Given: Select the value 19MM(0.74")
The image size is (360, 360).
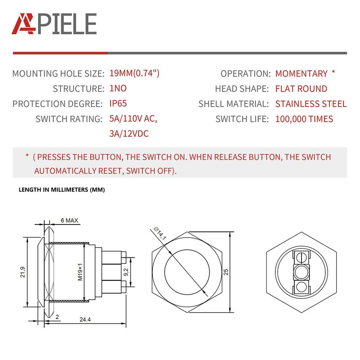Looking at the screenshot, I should (x=135, y=73).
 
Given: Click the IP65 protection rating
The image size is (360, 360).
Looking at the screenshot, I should (x=118, y=103).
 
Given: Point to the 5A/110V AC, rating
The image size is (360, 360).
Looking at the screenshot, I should (x=133, y=119).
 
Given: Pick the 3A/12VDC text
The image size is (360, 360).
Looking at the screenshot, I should (x=129, y=134).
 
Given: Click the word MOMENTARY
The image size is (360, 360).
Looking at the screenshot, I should (x=301, y=73).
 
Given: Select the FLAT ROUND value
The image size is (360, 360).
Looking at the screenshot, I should (x=301, y=89).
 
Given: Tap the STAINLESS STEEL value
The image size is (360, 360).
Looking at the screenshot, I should (x=311, y=104).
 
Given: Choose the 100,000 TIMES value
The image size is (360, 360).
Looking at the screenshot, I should (x=304, y=119).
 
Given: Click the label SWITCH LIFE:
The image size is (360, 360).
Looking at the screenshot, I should (x=242, y=119).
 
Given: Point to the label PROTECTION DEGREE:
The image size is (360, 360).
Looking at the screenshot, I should (x=57, y=104).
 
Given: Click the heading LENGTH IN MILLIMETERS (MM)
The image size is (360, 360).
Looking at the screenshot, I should (x=62, y=190).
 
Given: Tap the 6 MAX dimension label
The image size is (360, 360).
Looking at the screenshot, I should (x=70, y=220).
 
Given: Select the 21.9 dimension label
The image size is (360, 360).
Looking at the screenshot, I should (x=22, y=273).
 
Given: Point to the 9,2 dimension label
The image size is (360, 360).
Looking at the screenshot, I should (x=126, y=272).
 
